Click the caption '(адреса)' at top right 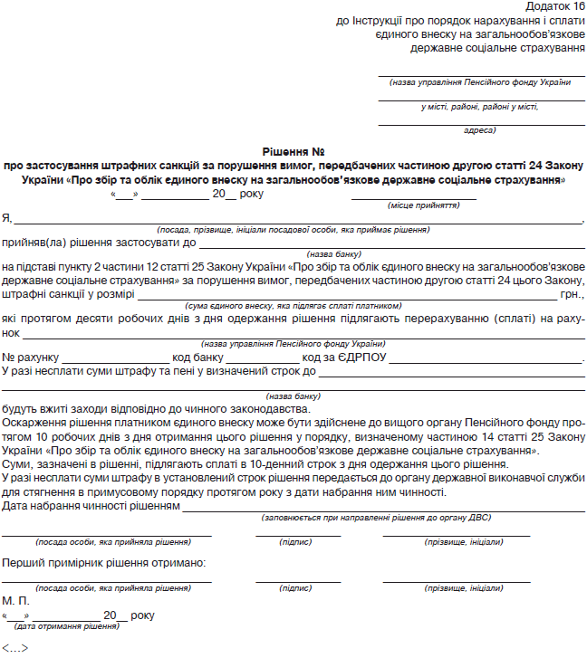point(479,130)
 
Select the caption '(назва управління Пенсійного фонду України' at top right point(480,82)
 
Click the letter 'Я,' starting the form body point(7,218)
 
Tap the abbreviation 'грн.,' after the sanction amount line point(573,294)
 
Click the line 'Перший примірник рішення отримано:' point(103,562)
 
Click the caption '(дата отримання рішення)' point(66,626)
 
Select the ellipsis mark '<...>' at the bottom point(14,648)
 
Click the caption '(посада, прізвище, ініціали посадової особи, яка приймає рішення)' point(293,231)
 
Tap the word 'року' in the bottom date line point(142,615)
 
